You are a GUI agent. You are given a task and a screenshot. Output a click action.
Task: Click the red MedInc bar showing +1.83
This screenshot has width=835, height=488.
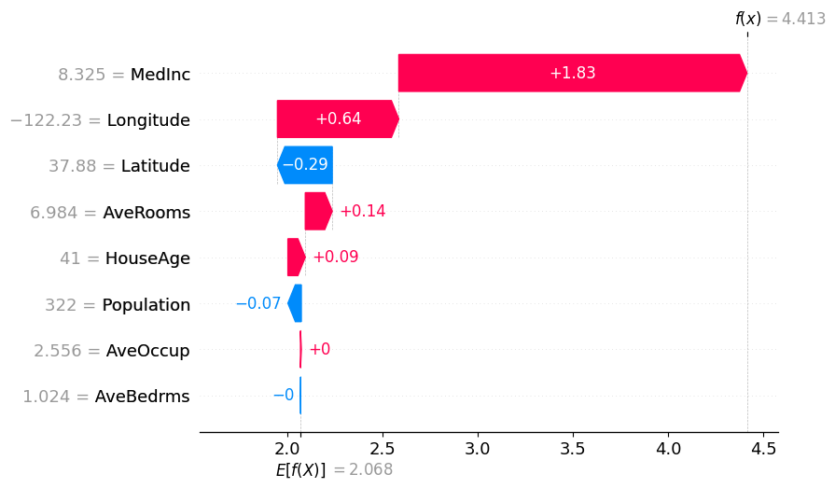point(572,73)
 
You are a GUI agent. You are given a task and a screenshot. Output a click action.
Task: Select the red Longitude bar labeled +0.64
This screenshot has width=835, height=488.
point(338,119)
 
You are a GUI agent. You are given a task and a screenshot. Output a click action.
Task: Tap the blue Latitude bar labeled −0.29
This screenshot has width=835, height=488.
point(305,165)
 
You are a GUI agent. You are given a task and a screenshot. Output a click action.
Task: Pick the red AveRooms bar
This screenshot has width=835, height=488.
point(318,212)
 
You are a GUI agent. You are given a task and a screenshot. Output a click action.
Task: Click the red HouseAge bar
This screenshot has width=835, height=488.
point(296,258)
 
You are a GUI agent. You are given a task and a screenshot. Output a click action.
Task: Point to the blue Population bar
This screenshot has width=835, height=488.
point(295,304)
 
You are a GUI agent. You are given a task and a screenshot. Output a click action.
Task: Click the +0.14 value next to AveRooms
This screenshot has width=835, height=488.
point(362,212)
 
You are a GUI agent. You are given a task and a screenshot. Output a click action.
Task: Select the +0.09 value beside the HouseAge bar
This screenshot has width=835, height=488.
point(335,258)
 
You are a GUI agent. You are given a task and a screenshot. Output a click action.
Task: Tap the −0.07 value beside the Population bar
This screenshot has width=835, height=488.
point(257,304)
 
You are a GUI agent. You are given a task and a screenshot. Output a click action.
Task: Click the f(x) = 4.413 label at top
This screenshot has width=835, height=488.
point(779,19)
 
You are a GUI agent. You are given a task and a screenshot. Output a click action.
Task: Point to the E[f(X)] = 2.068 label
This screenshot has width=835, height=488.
point(333,470)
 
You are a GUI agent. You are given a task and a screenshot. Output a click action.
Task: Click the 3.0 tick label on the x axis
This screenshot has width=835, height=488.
point(478,448)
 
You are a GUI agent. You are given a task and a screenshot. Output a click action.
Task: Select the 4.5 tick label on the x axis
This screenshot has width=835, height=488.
point(763,448)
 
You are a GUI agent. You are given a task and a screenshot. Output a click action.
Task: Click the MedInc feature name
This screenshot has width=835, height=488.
point(160,74)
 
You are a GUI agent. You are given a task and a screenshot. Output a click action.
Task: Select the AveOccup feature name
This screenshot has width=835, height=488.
point(148,351)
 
